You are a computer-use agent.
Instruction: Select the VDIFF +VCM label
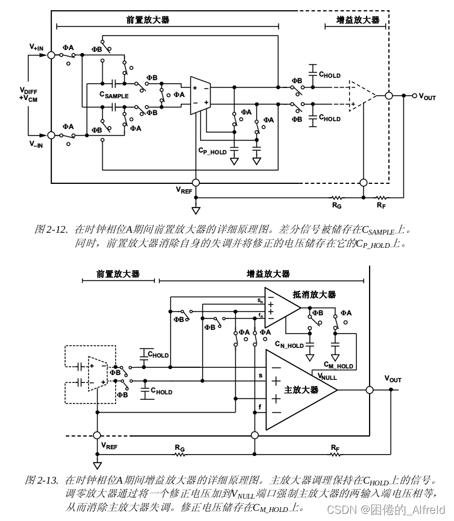[28, 95]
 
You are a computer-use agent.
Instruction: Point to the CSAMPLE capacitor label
[114, 95]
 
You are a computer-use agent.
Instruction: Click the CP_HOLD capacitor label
[212, 151]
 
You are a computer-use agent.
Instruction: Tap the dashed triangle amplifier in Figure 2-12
[362, 95]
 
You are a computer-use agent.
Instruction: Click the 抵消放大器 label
[314, 294]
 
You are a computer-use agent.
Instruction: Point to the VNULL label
[327, 376]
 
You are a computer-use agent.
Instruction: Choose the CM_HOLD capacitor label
[338, 365]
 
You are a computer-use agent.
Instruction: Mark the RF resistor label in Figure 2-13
[335, 447]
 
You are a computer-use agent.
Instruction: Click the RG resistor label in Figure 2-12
[337, 205]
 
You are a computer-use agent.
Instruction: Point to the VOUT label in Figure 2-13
[393, 379]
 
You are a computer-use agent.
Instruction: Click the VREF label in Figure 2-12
[184, 190]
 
